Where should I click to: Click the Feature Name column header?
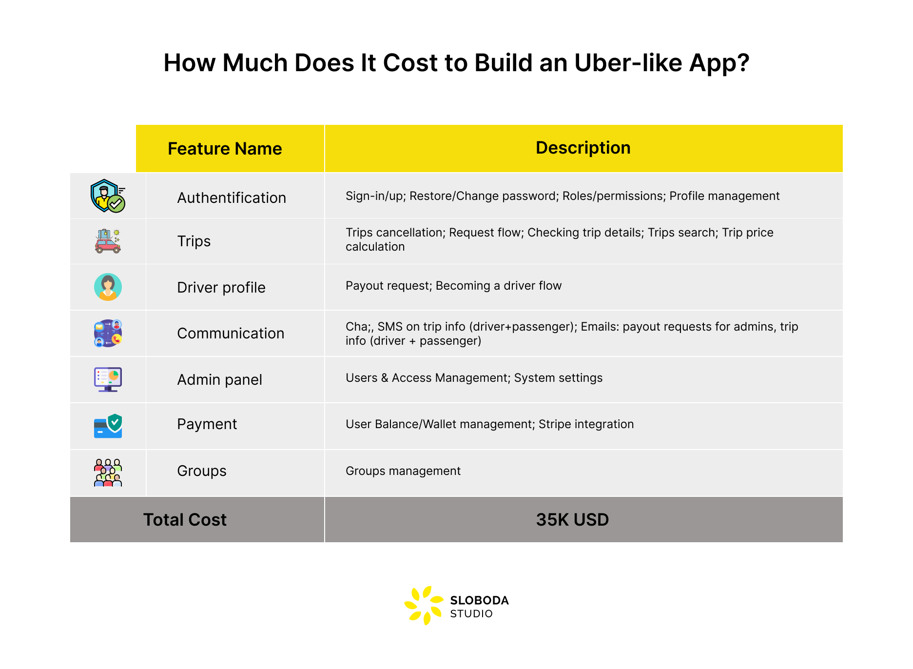(225, 149)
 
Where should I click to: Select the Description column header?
(583, 148)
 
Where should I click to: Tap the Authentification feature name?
(232, 198)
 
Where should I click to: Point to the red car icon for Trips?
(108, 241)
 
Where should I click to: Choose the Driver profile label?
(221, 288)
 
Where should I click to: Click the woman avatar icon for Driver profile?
(108, 287)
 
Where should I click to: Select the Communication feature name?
(231, 334)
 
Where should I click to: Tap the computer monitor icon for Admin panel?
(108, 379)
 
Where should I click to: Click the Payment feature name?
(207, 424)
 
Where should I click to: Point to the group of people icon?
(108, 472)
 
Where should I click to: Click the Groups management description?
(403, 471)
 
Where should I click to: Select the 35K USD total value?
(572, 520)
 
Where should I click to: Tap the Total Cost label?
(185, 520)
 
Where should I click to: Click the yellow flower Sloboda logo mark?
(424, 605)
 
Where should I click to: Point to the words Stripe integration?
(586, 424)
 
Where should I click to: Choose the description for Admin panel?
(474, 378)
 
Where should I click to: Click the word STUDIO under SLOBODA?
(471, 614)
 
